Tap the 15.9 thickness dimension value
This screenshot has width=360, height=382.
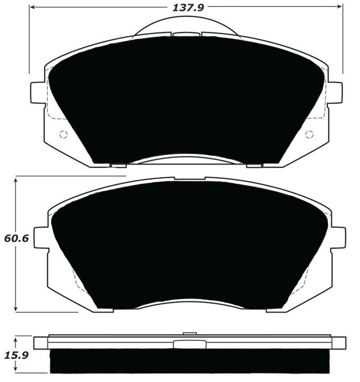(x=15, y=354)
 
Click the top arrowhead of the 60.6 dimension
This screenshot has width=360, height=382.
(x=17, y=179)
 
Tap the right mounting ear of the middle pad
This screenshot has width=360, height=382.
(x=338, y=238)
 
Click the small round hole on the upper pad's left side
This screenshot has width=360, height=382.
(x=63, y=135)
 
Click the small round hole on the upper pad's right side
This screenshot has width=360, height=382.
(x=310, y=135)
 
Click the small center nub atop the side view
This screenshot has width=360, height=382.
(x=187, y=333)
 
